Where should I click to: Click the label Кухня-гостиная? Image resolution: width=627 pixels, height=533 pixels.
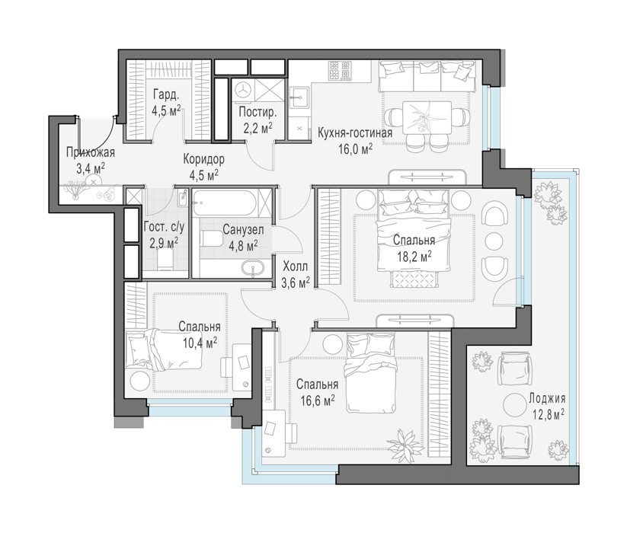(355, 133)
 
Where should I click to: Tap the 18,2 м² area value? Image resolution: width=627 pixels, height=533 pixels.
(414, 256)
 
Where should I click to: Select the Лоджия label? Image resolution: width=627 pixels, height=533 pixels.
(547, 398)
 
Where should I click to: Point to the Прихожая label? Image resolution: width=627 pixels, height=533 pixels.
(91, 152)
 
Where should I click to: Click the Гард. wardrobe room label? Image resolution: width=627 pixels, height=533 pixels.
(165, 94)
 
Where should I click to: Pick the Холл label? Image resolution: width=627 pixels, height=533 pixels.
(295, 266)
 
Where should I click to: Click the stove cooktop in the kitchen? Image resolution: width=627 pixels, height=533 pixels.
(340, 70)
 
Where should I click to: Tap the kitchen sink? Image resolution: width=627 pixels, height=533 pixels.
(299, 98)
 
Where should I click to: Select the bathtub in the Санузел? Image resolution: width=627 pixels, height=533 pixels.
(226, 203)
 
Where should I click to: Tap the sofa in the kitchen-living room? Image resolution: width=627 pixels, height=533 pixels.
(427, 75)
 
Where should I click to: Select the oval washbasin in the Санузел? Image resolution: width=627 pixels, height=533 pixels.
(253, 268)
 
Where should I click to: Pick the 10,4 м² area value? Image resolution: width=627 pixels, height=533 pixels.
(198, 342)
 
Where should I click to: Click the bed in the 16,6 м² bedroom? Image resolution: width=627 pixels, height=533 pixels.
(372, 373)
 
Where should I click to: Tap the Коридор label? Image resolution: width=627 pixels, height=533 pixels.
(204, 159)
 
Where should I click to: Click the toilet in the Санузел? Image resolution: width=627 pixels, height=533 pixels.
(212, 238)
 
